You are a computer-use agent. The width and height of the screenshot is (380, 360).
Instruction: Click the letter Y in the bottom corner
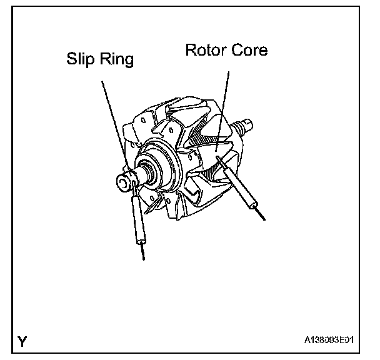[22, 341]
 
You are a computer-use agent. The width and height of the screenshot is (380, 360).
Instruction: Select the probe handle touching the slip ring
[139, 219]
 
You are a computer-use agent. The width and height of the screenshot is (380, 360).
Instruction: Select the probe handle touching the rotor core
[241, 188]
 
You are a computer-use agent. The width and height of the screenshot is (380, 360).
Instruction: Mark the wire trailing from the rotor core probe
[259, 213]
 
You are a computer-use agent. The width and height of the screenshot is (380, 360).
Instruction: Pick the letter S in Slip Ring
[71, 61]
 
